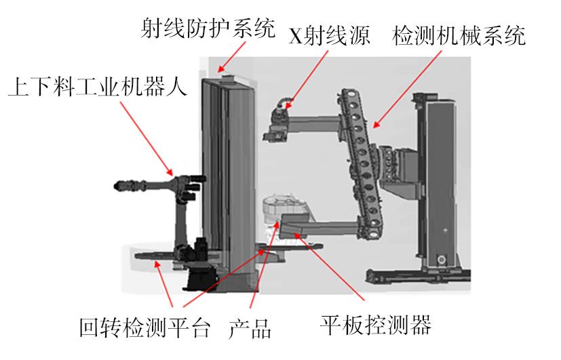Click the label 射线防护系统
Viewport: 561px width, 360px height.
pyautogui.click(x=208, y=28)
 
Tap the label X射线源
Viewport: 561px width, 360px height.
pyautogui.click(x=330, y=35)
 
